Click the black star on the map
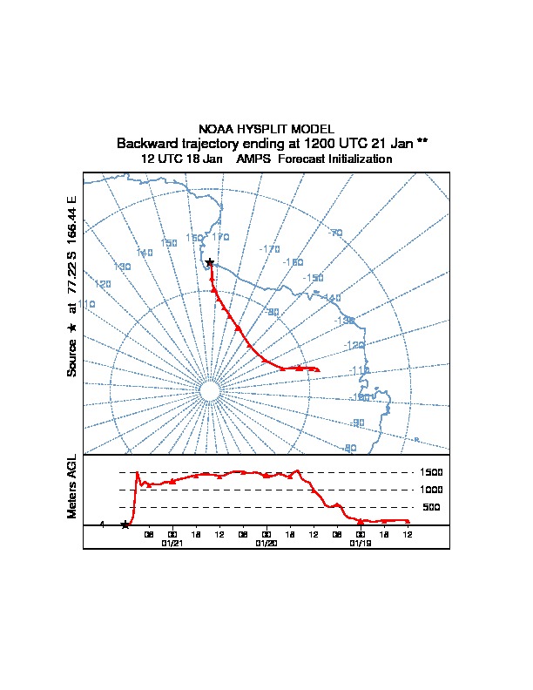coord(209,262)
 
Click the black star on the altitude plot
coord(125,524)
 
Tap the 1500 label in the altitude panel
coord(432,472)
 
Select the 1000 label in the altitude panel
coord(432,490)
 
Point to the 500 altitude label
coord(431,507)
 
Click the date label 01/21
coord(172,543)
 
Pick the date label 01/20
coord(266,543)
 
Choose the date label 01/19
coord(360,543)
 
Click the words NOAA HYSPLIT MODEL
coord(266,129)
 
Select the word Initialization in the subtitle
coord(356,159)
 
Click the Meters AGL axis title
coord(72,486)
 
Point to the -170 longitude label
coord(270,249)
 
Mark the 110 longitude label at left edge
coord(86,304)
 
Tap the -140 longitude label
coord(332,298)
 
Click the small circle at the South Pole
coord(209,391)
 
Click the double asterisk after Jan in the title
coord(422,141)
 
